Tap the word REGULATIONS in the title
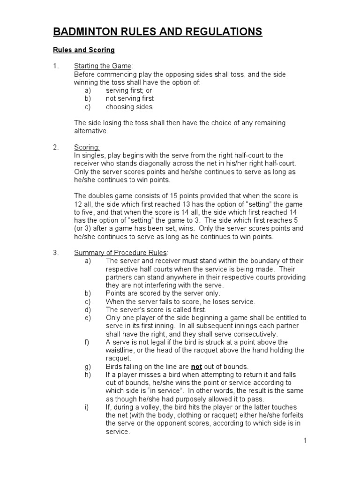point(219,32)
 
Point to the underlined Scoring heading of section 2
point(87,147)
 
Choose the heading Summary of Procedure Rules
point(120,252)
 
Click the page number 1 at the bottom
point(305,441)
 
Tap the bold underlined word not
point(196,367)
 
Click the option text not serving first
point(130,98)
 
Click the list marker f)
point(87,342)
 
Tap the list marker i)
point(87,407)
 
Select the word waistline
point(121,350)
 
